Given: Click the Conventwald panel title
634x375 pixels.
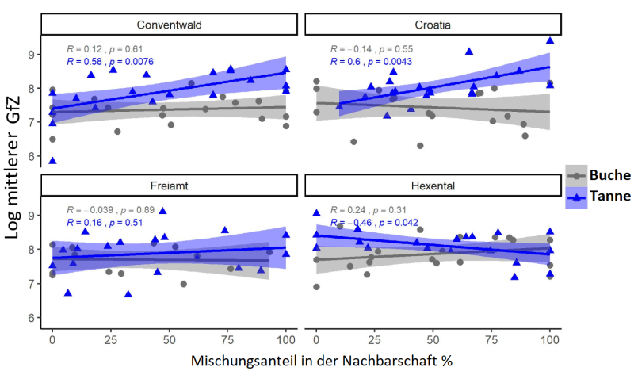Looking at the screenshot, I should (168, 25).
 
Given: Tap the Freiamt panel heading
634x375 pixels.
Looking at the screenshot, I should (168, 186).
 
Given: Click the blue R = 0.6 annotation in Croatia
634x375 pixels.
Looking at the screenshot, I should (348, 61).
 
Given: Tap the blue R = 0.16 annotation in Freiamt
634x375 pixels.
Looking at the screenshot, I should (85, 223).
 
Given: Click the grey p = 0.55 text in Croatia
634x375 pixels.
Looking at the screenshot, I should (397, 48).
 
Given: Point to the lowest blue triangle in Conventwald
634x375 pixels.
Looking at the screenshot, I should (52, 160).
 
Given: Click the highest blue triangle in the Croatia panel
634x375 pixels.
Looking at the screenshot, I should (549, 40).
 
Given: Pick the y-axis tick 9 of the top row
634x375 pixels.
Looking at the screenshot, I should (32, 55).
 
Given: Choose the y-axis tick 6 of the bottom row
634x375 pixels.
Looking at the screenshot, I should (32, 317).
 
